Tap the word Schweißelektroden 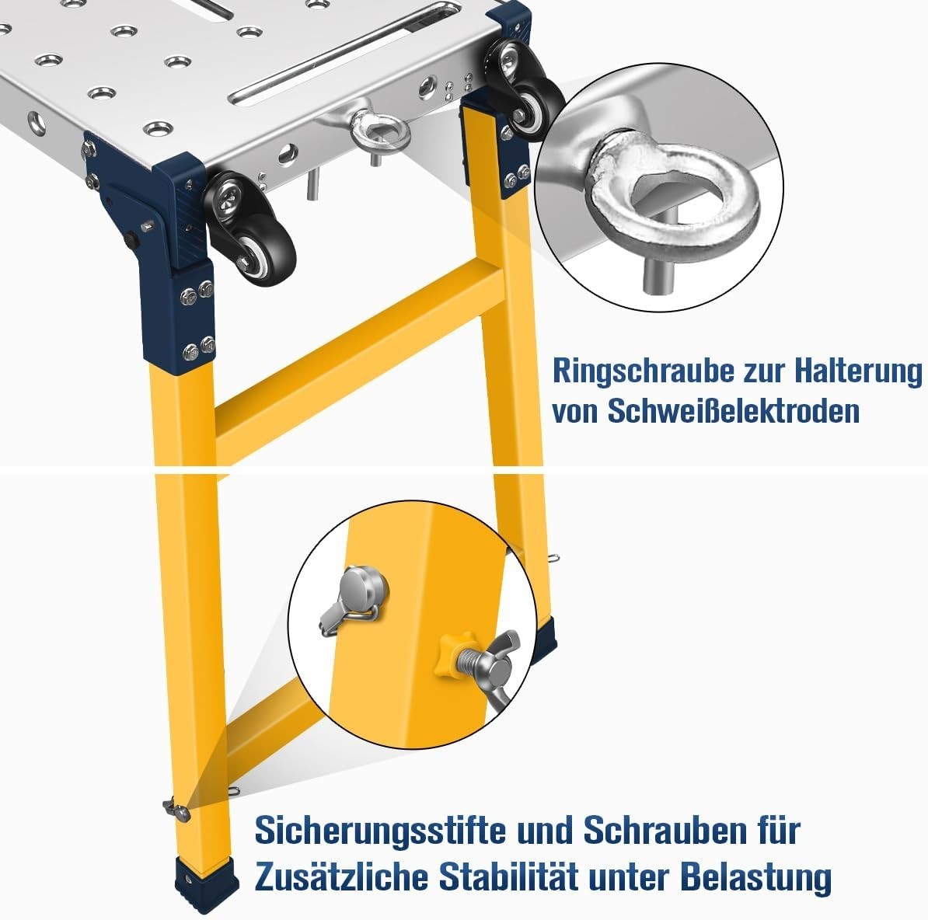pyautogui.click(x=733, y=410)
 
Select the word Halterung pyautogui.click(x=857, y=371)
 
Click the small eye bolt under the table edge pyautogui.click(x=380, y=131)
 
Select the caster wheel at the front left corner pyautogui.click(x=251, y=228)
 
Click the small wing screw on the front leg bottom pyautogui.click(x=176, y=809)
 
